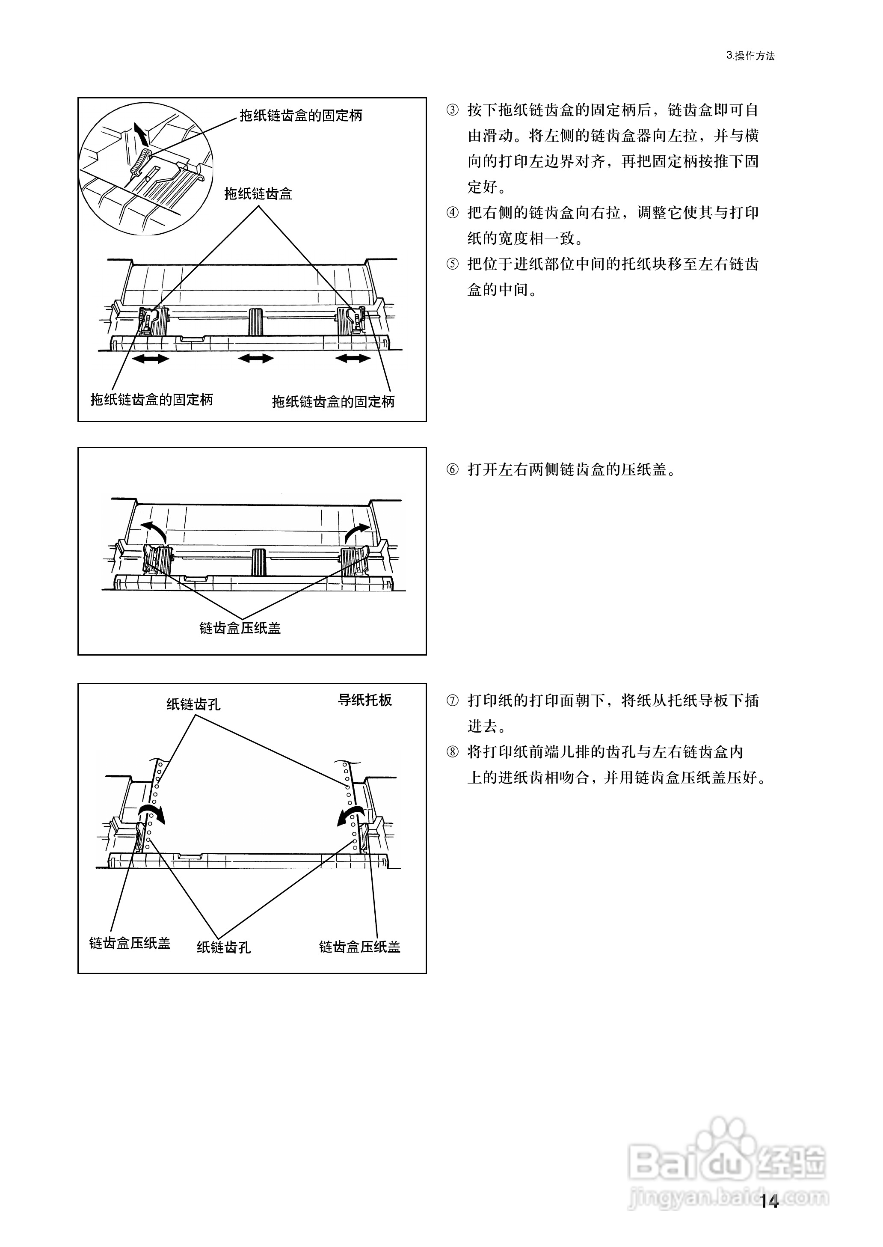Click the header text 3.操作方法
[x=750, y=56]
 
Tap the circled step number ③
[x=452, y=110]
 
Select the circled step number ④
[x=452, y=212]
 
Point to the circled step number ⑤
[x=452, y=264]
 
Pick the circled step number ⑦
[x=452, y=701]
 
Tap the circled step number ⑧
[x=452, y=752]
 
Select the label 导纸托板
[x=365, y=700]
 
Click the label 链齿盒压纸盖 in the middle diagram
[x=240, y=628]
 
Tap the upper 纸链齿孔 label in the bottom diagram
[x=193, y=705]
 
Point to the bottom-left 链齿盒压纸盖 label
[x=130, y=943]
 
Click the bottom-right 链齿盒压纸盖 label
[x=359, y=947]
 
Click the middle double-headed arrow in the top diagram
[x=255, y=358]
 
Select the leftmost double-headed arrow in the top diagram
[x=151, y=358]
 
